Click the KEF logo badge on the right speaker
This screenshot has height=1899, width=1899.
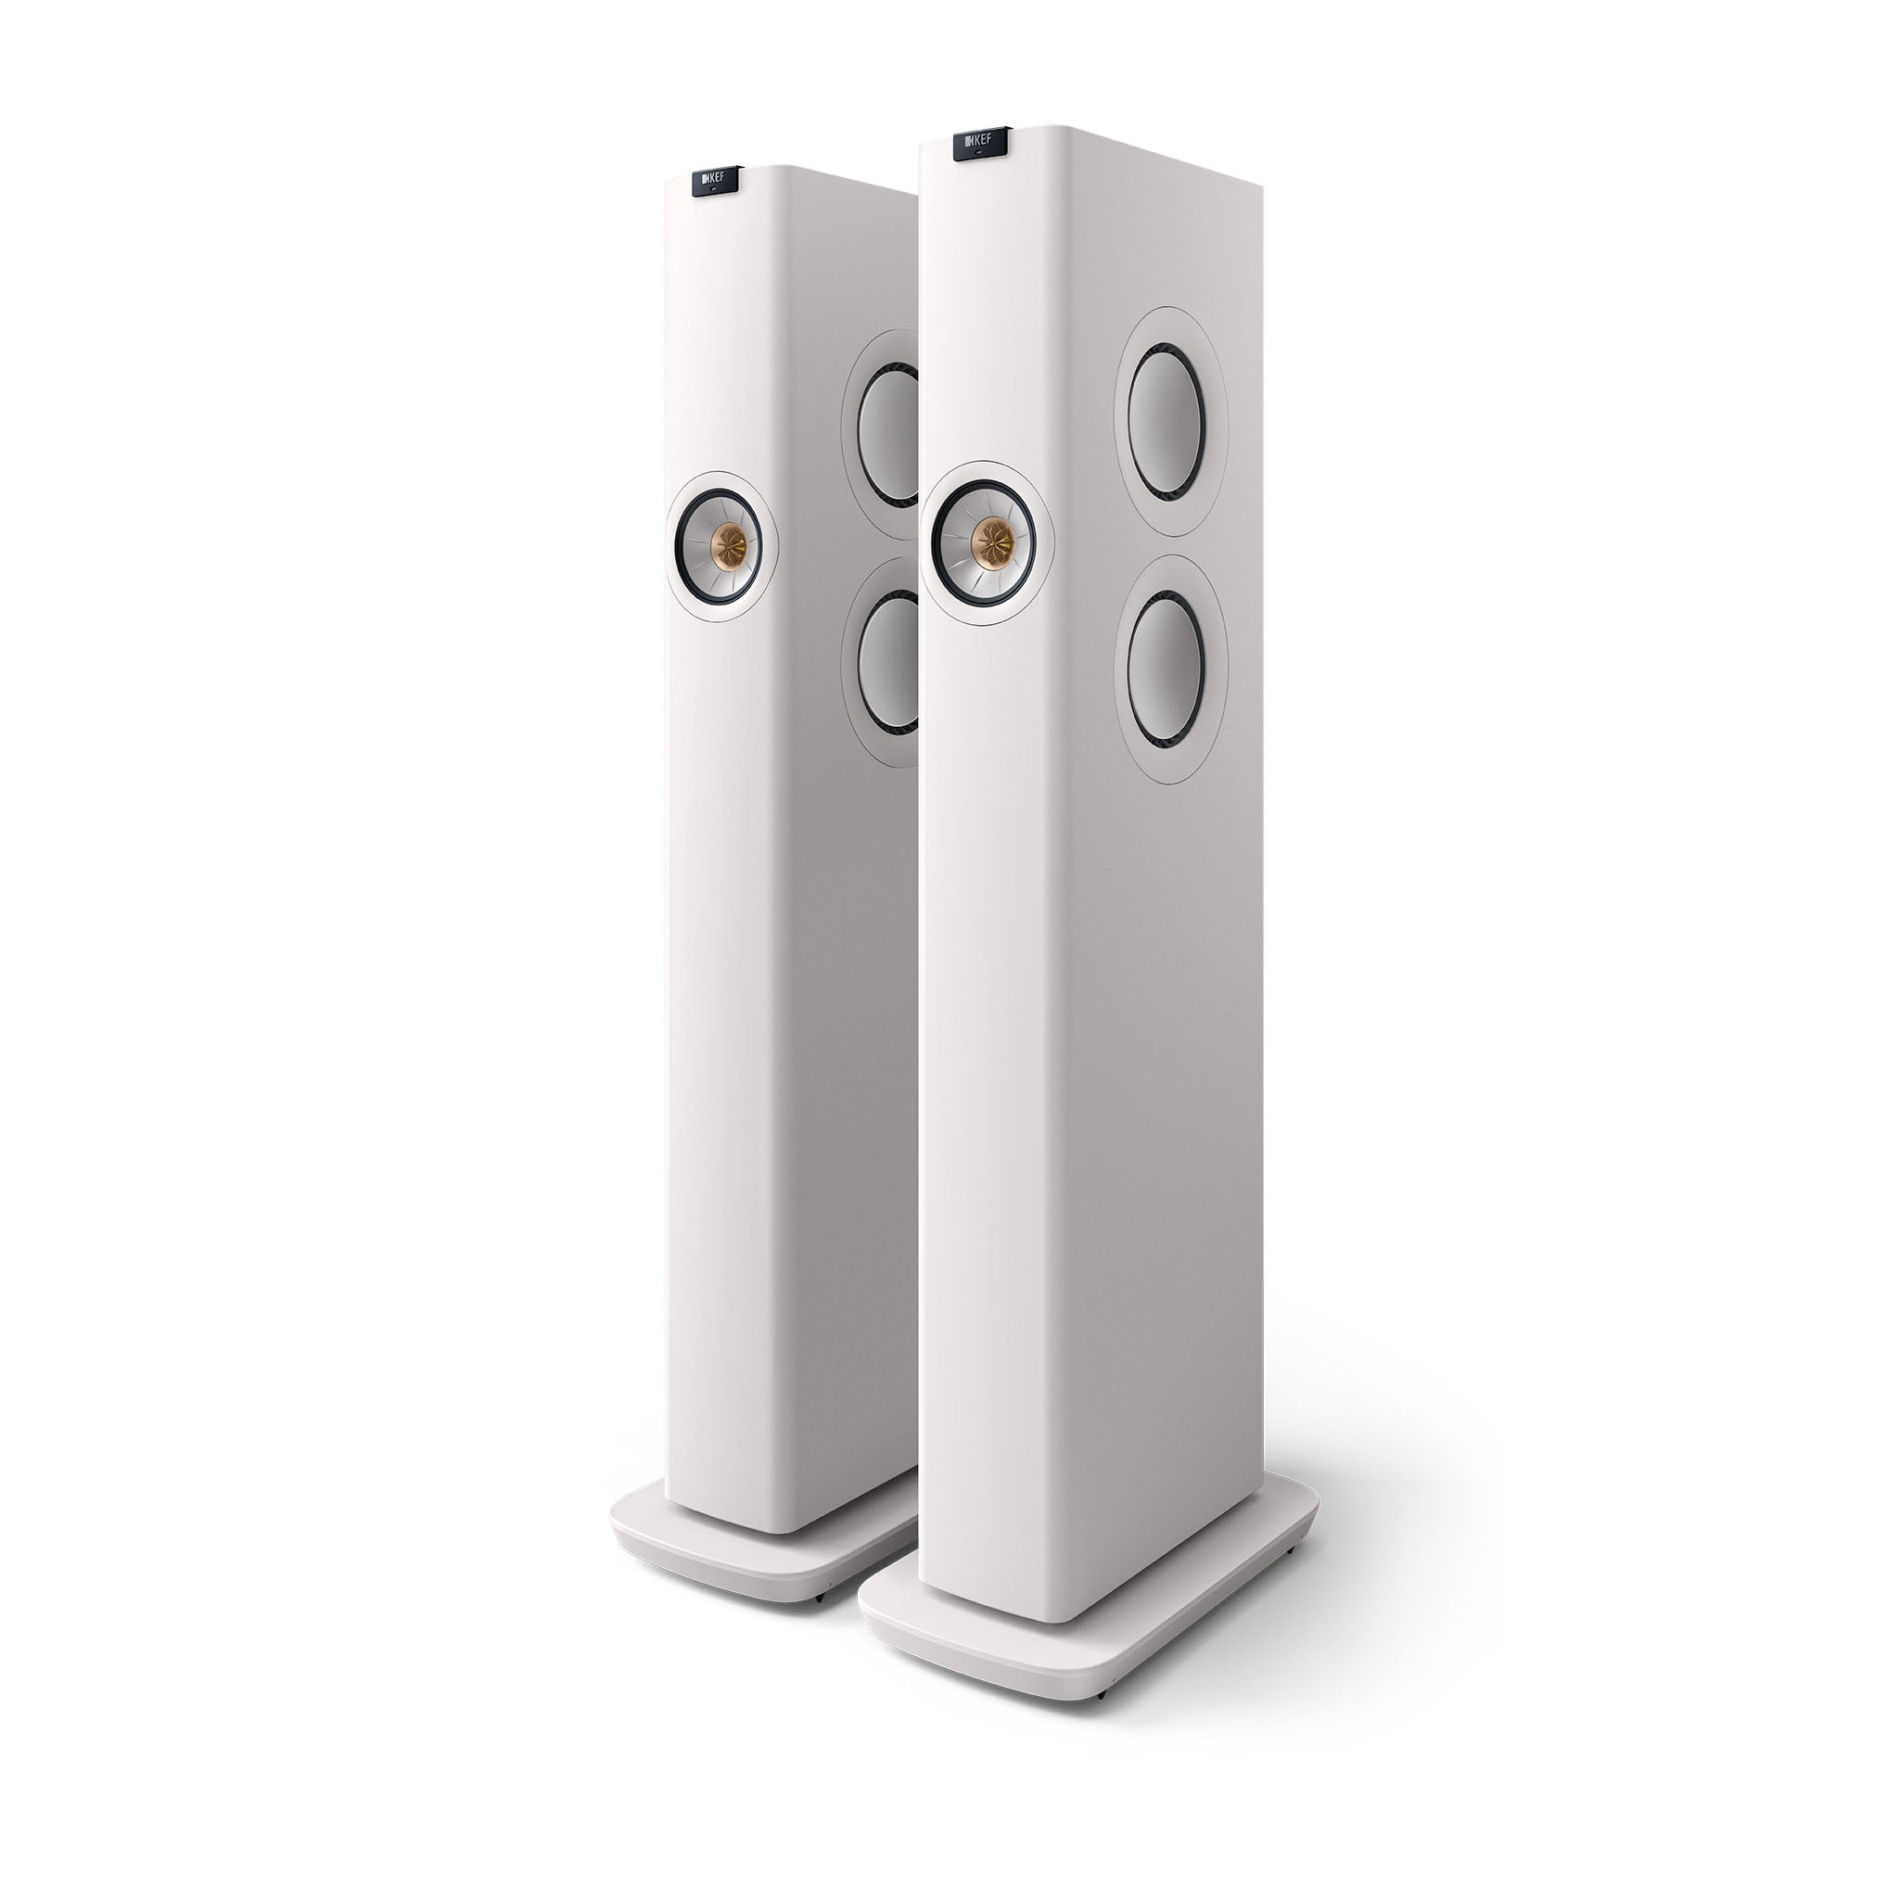(x=981, y=144)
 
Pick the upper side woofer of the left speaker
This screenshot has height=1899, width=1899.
(x=890, y=433)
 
